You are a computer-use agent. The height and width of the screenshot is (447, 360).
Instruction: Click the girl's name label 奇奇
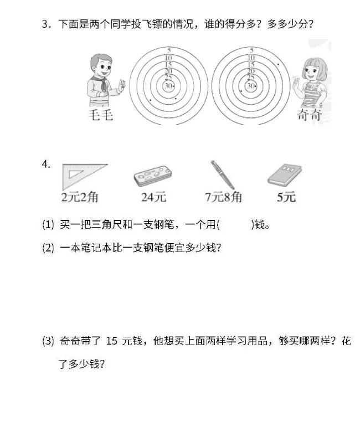point(309,115)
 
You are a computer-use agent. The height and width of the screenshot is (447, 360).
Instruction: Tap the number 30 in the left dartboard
point(168,86)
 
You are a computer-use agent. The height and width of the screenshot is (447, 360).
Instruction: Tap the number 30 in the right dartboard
point(250,86)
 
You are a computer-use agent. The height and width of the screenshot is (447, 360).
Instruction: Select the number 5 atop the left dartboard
point(168,51)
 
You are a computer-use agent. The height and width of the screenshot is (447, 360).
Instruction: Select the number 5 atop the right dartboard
point(251,51)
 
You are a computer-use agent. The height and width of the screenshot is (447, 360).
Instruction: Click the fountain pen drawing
point(223,174)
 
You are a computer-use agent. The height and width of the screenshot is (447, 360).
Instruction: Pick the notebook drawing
point(285,176)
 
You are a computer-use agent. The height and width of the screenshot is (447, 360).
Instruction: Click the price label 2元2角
point(80,197)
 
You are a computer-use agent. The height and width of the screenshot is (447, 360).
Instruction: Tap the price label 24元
point(153,197)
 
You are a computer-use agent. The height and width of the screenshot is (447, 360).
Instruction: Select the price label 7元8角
point(223,197)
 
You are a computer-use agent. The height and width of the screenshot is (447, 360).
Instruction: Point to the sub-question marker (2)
point(48,248)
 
